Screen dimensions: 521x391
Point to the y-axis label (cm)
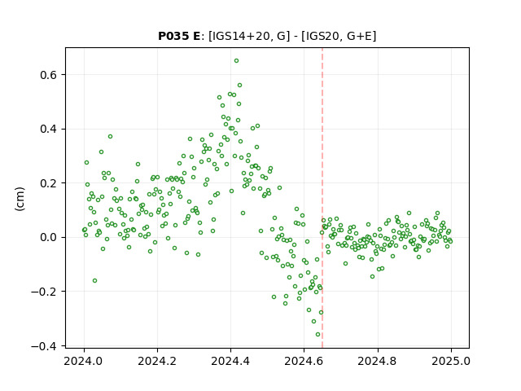(x=20, y=199)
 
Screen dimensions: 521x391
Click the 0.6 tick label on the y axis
(x=49, y=75)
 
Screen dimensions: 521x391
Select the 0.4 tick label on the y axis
(x=49, y=129)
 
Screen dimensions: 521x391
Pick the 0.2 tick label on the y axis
(x=49, y=183)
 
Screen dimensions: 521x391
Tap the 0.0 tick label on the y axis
(x=49, y=237)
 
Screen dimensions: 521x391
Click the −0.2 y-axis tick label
(x=44, y=292)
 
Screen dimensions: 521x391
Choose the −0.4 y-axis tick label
(x=44, y=345)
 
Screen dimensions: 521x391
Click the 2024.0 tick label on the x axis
(x=84, y=361)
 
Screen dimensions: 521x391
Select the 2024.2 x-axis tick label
(x=157, y=361)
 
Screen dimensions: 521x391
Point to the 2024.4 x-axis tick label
(x=230, y=361)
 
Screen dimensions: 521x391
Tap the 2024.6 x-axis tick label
(x=304, y=361)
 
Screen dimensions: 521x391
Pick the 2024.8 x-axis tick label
(x=378, y=361)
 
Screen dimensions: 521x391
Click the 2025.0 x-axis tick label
(x=451, y=361)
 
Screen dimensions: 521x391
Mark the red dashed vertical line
(x=322, y=198)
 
